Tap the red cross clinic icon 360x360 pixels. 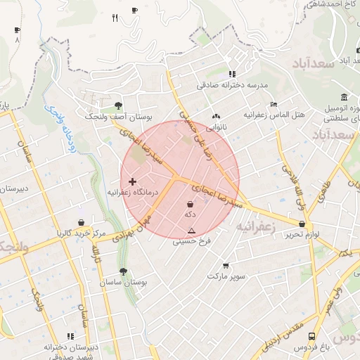[x=132, y=181]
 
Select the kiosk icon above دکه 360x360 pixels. [x=190, y=204]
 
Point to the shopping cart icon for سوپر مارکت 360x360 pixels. [x=226, y=266]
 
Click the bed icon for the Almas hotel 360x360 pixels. [x=274, y=104]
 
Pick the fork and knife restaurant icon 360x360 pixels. [x=115, y=18]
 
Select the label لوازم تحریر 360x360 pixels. [x=302, y=234]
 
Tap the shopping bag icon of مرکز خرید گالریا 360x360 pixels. [x=81, y=223]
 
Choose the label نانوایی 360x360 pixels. [x=215, y=128]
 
